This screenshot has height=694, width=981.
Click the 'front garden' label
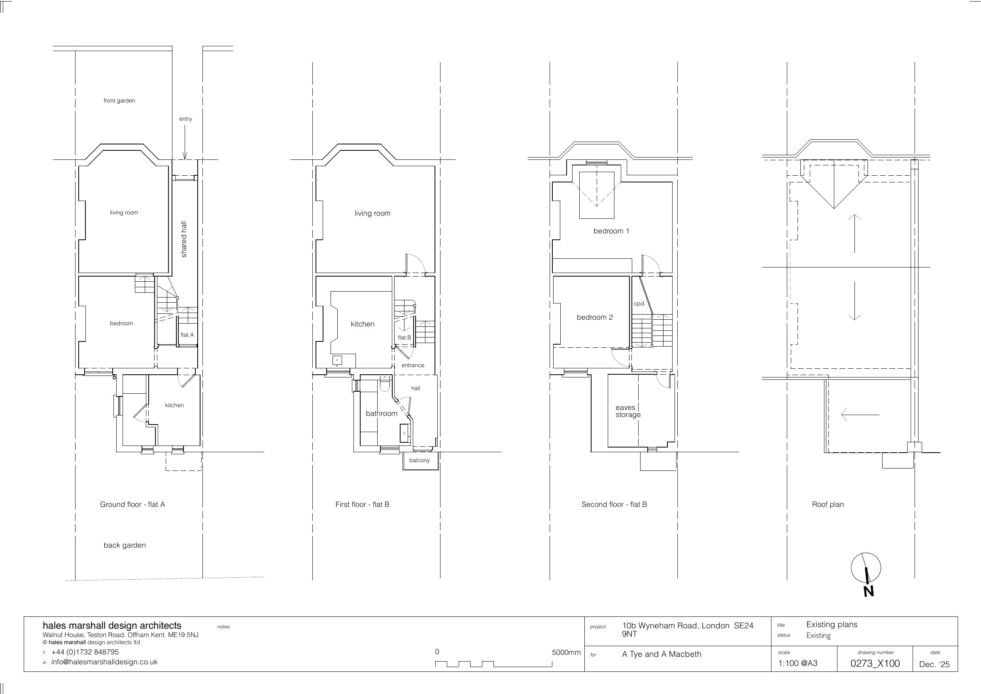click(119, 101)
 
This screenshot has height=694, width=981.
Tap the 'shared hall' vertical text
click(184, 239)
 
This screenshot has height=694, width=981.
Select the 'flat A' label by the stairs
click(187, 335)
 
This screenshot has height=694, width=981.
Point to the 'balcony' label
click(419, 461)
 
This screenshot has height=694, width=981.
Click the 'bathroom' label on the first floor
click(382, 413)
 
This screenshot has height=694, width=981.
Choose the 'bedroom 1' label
click(611, 231)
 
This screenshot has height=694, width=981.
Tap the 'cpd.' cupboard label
click(640, 304)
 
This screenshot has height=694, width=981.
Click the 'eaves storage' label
click(628, 411)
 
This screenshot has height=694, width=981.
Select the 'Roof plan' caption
click(828, 504)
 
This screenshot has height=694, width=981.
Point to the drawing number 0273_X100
click(875, 663)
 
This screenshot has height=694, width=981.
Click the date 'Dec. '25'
click(934, 664)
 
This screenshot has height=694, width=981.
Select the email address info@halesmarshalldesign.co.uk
click(104, 662)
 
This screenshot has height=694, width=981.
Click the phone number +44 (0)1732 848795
click(85, 652)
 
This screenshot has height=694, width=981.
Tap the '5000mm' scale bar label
click(566, 652)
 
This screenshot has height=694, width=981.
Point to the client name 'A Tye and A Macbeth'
click(662, 654)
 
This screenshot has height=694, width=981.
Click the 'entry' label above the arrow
click(185, 119)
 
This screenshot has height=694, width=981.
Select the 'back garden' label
click(125, 545)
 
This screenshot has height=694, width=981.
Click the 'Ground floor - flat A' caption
click(132, 504)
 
